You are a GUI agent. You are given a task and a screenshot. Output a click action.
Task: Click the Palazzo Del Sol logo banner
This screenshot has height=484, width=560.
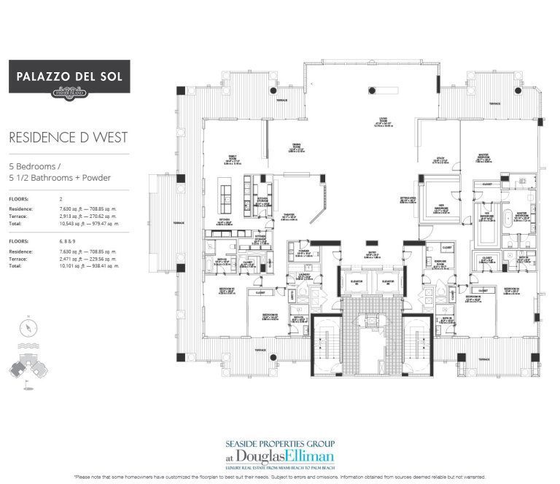point(69,77)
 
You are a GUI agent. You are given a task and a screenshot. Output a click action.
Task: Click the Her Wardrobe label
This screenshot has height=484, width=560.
point(440,206)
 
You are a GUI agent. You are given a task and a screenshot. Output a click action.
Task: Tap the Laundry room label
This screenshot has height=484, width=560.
point(306,277)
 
